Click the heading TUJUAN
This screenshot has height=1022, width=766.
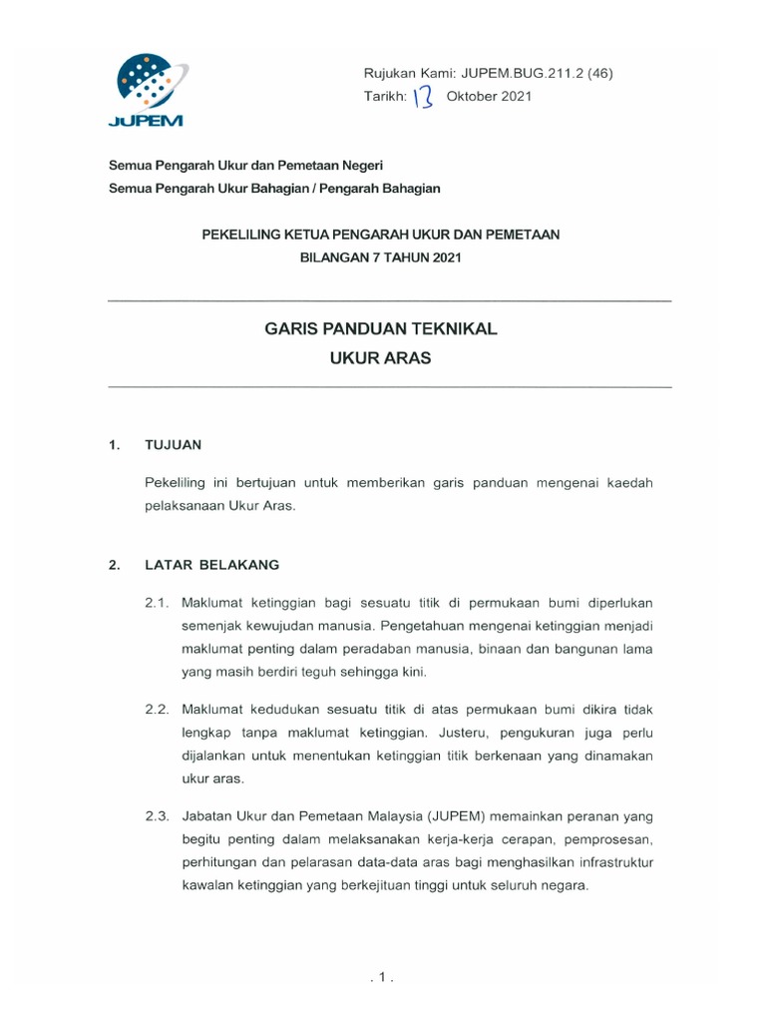pos(174,445)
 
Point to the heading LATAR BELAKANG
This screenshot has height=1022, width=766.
pos(211,565)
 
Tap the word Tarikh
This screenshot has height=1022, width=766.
pos(386,97)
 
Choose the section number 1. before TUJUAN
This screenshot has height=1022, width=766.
pos(114,445)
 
